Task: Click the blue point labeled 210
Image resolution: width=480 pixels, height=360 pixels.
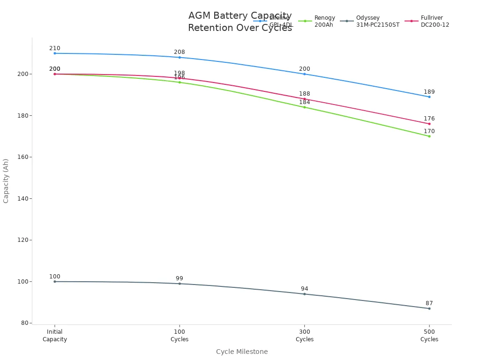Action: [x=55, y=53]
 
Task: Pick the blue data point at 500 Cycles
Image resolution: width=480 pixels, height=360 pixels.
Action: [x=429, y=97]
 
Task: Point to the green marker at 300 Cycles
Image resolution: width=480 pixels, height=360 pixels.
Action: [x=304, y=107]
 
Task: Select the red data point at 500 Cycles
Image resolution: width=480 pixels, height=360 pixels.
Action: [x=429, y=124]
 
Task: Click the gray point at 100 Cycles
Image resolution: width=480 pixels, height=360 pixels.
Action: [x=180, y=284]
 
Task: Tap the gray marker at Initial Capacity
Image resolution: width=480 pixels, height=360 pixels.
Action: [x=55, y=282]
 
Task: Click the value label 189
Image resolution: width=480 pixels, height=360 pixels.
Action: [x=429, y=92]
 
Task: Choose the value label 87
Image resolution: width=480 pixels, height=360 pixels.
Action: [x=429, y=303]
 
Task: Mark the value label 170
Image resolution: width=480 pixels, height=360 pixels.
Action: [x=429, y=131]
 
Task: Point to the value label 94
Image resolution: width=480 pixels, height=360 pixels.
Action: [x=304, y=289]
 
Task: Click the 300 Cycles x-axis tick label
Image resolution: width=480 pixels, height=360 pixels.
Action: [x=304, y=336]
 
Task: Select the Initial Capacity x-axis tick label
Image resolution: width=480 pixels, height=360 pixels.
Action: [x=55, y=336]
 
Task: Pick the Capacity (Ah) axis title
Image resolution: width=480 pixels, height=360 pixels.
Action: [x=6, y=181]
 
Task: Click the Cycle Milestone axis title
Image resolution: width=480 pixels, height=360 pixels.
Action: [x=242, y=352]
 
